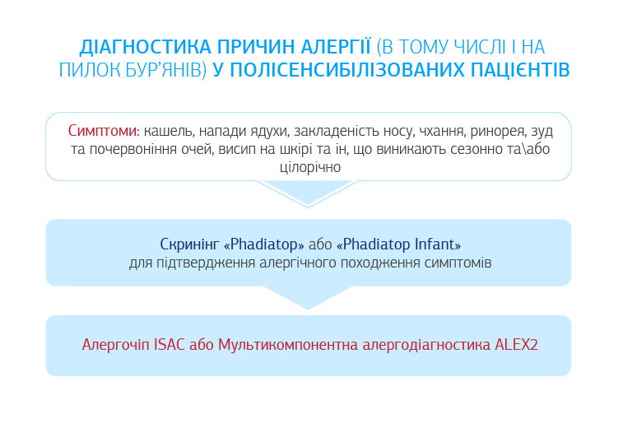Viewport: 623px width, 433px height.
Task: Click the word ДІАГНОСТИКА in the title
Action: (x=145, y=47)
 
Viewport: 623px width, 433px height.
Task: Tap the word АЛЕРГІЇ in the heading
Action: (x=336, y=46)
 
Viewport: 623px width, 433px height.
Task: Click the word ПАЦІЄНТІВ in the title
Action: (x=520, y=69)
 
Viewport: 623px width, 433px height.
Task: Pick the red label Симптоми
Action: (x=104, y=130)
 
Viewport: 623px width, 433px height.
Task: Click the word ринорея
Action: (x=498, y=131)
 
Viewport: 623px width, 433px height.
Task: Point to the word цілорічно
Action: (x=310, y=167)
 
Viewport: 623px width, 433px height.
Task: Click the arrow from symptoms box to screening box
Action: (x=308, y=193)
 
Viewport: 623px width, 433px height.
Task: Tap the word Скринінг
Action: (x=189, y=244)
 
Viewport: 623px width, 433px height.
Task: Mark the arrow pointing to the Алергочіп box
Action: (x=308, y=297)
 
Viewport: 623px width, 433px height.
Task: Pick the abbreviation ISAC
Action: (x=170, y=344)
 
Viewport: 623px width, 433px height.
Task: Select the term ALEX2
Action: (x=516, y=344)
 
